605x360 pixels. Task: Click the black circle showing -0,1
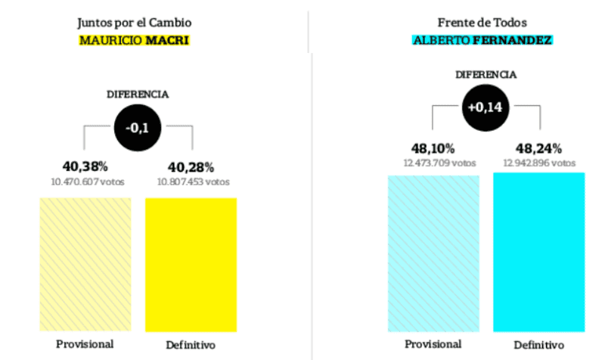pyautogui.click(x=137, y=128)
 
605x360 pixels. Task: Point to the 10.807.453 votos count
pyautogui.click(x=192, y=182)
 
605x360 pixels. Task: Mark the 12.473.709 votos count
pyautogui.click(x=433, y=162)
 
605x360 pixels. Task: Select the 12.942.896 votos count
pyautogui.click(x=539, y=162)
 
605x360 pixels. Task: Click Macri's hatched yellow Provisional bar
pyautogui.click(x=85, y=265)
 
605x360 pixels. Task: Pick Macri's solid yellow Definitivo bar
pyautogui.click(x=191, y=265)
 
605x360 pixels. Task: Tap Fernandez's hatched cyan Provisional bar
pyautogui.click(x=433, y=253)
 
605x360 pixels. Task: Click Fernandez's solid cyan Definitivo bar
pyautogui.click(x=539, y=253)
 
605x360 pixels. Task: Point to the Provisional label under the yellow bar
pyautogui.click(x=85, y=344)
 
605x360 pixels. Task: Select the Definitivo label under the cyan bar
pyautogui.click(x=539, y=345)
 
